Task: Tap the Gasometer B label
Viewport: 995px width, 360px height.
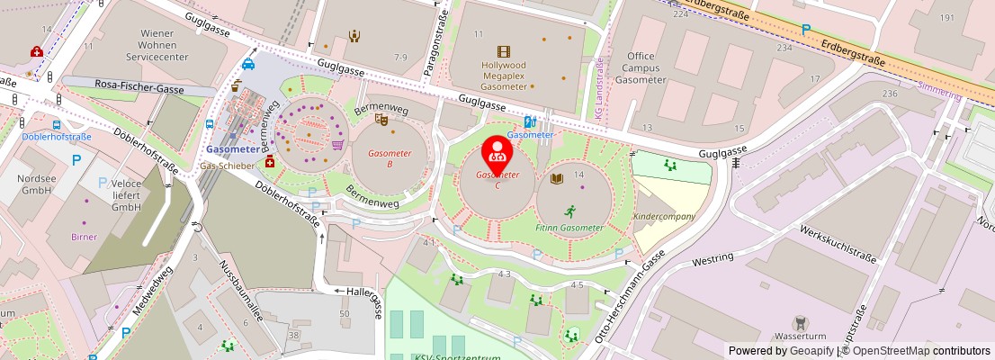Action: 390,158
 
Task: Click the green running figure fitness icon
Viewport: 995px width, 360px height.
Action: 569,211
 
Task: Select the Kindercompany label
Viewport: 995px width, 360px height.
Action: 664,217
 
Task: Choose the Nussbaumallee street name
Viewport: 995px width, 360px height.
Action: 238,287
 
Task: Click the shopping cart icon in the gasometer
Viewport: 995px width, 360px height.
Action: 338,144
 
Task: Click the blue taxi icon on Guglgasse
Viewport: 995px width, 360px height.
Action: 248,64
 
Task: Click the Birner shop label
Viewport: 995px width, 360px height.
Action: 84,237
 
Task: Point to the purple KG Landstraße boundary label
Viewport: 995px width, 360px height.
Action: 599,87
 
